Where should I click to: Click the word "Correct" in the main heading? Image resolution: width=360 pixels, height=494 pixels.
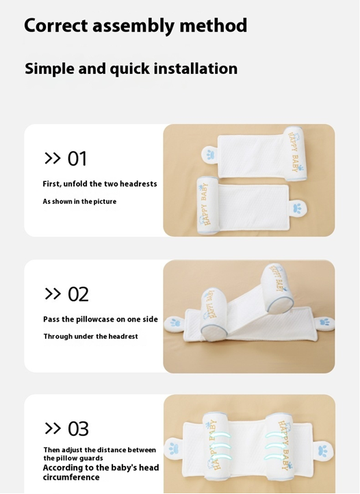[x=56, y=25]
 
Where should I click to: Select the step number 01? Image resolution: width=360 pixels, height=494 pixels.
[x=77, y=159]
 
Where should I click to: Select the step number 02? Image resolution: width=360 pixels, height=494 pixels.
[x=78, y=294]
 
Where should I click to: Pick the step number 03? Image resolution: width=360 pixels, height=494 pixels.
[x=78, y=429]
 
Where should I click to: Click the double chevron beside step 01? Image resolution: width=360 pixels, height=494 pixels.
[x=52, y=158]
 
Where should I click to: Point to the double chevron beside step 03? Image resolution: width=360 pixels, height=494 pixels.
[x=53, y=428]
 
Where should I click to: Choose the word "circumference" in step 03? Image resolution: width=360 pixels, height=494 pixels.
[x=71, y=478]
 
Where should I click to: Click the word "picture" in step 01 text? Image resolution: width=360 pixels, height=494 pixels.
[x=105, y=202]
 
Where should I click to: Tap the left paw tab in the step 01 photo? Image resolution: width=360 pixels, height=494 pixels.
[x=210, y=155]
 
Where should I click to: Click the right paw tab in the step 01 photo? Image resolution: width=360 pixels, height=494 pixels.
[x=298, y=208]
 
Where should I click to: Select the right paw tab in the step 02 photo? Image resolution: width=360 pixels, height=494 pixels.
[x=324, y=322]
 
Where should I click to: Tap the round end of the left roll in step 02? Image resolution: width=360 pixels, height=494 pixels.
[x=209, y=334]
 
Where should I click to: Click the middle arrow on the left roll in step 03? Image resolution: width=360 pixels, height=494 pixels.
[x=220, y=446]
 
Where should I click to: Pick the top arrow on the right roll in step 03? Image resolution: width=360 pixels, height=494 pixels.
[x=275, y=434]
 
